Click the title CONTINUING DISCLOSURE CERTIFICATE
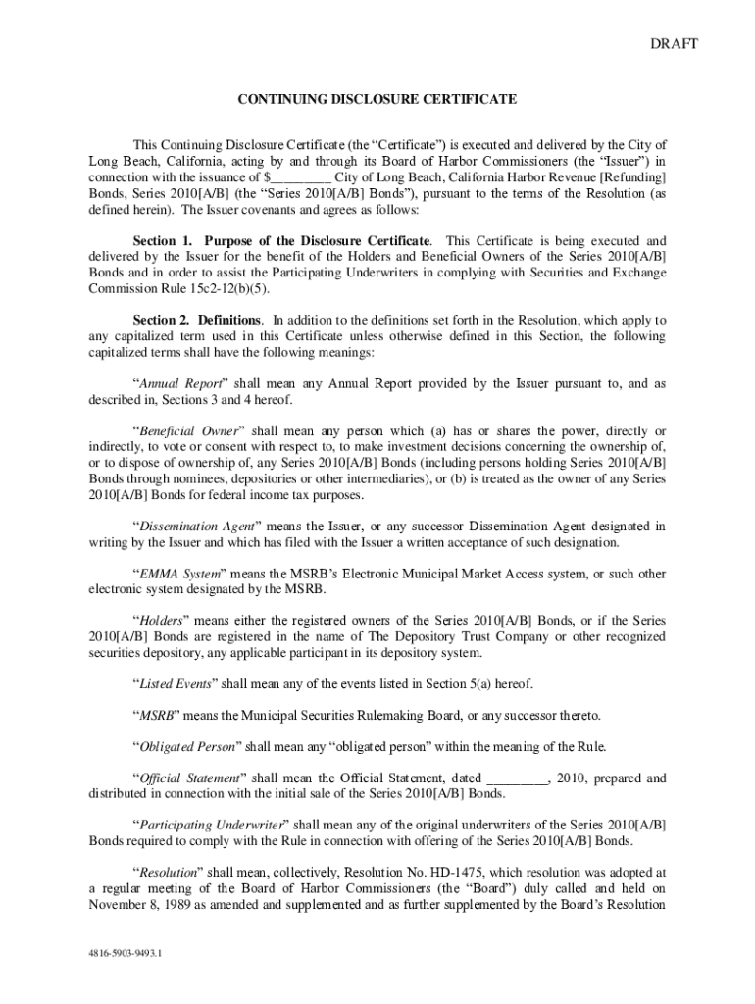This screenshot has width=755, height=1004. click(377, 100)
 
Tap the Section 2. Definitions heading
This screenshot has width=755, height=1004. click(197, 320)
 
